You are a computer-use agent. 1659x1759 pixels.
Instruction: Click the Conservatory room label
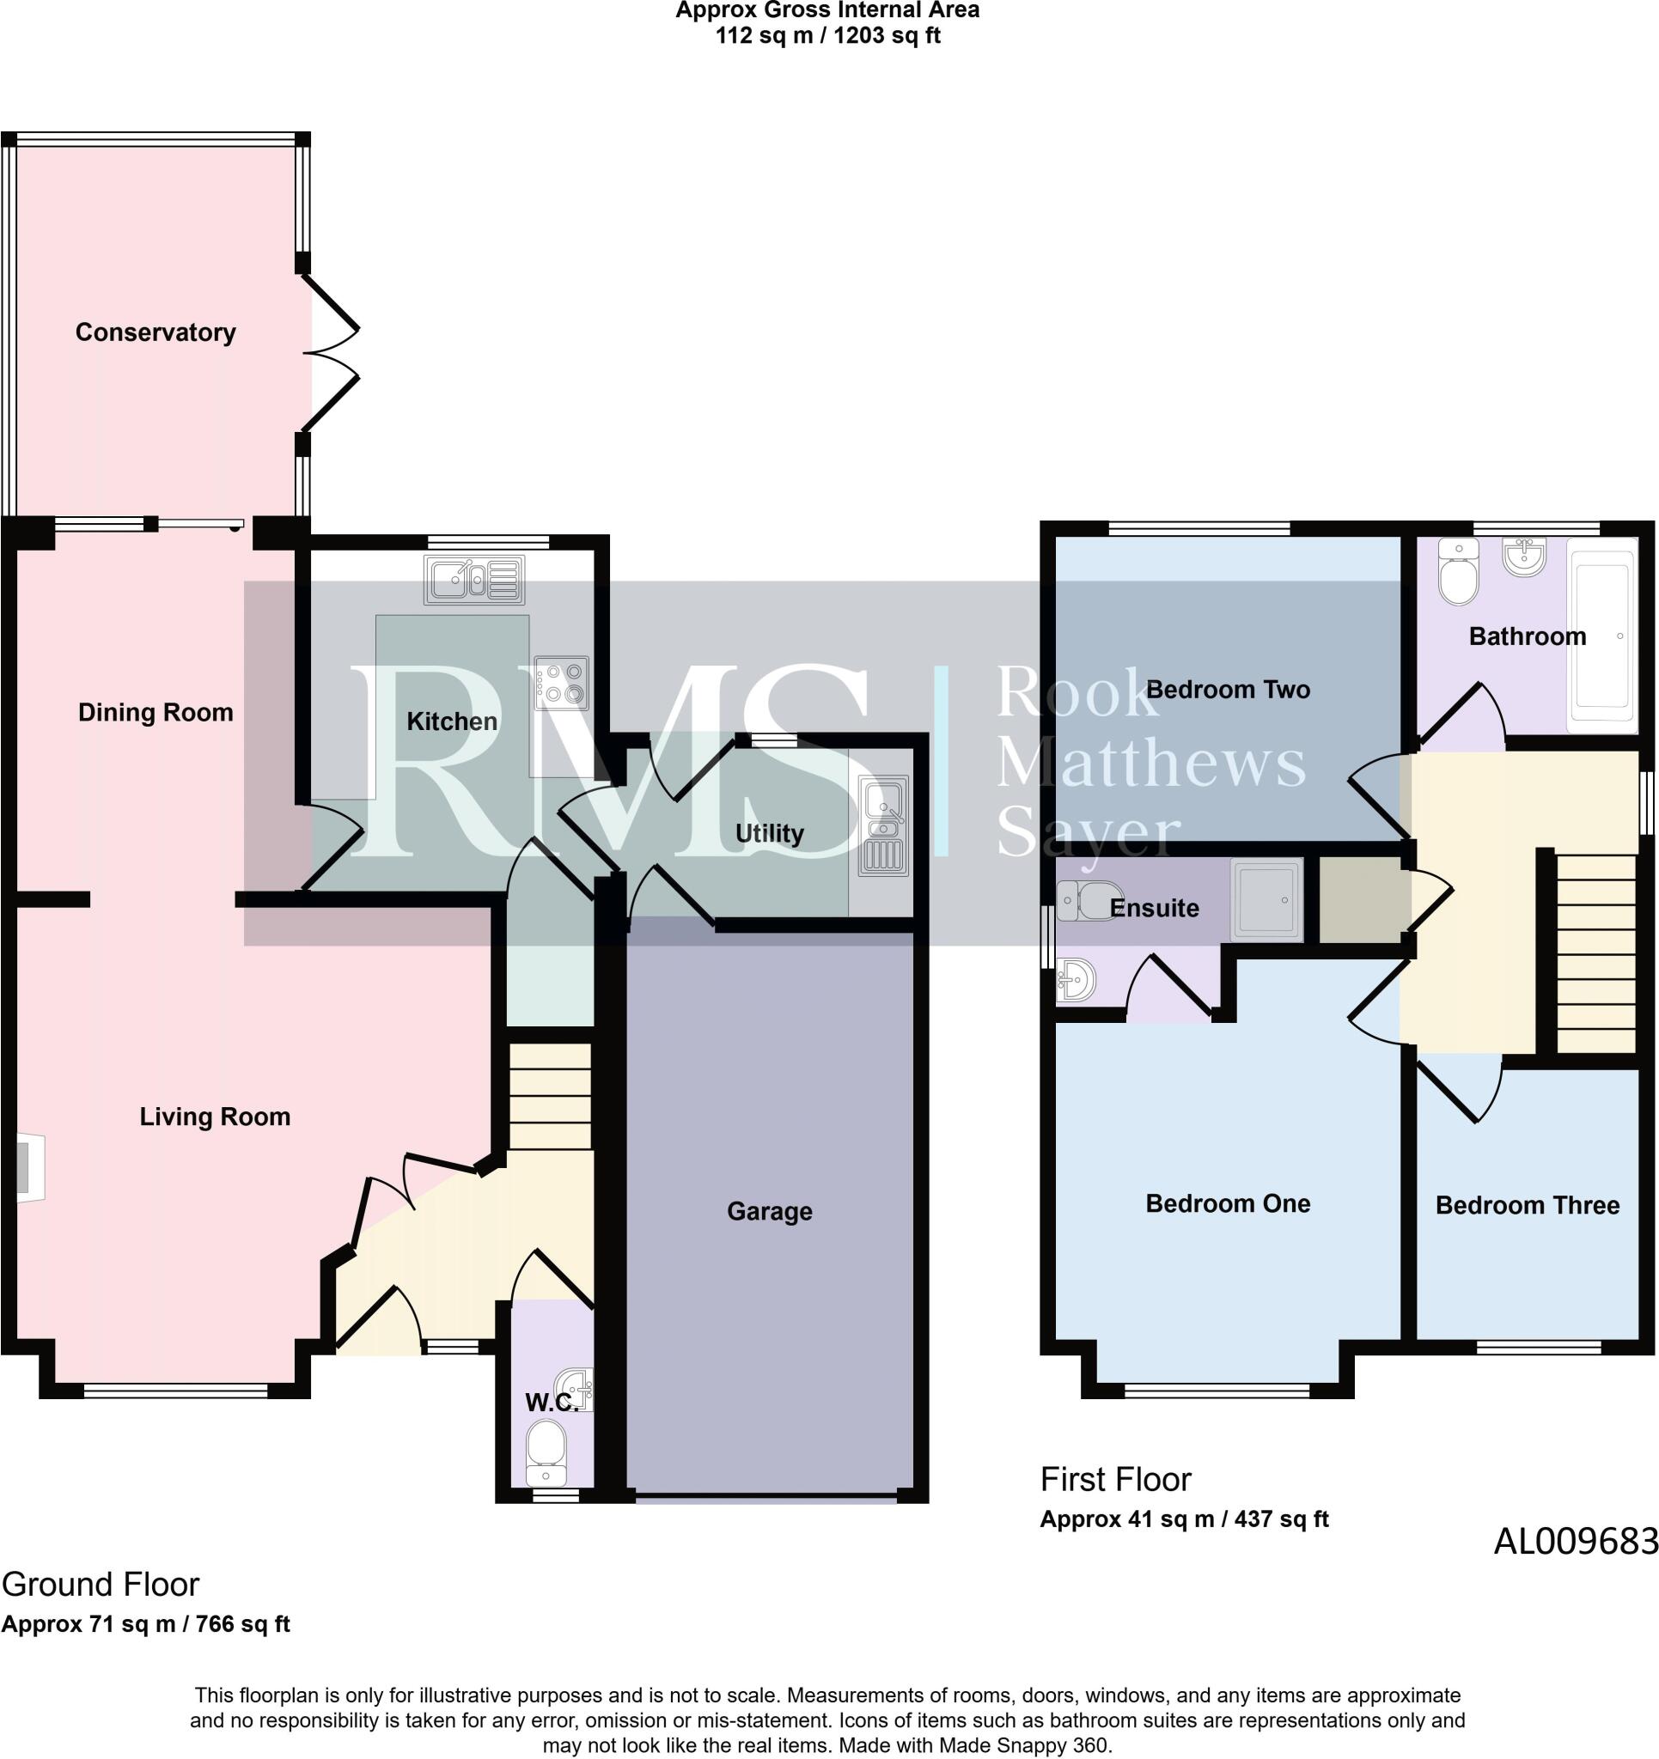pos(156,332)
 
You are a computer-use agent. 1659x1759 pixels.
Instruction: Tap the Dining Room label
pos(156,712)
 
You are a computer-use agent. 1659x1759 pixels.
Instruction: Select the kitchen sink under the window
pos(474,580)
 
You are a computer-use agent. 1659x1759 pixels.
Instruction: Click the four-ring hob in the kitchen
pos(561,683)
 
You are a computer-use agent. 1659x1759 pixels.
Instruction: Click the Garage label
pos(769,1210)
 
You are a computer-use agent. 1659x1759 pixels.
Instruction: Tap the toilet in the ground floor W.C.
pos(546,1452)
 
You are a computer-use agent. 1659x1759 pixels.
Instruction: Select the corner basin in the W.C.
pos(575,1389)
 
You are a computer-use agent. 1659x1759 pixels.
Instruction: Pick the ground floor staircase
pos(551,1096)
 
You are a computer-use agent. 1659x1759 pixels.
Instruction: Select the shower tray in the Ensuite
pos(1267,900)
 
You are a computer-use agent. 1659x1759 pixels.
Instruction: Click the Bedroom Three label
pos(1527,1205)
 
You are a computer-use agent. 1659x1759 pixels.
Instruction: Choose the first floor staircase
pos(1596,953)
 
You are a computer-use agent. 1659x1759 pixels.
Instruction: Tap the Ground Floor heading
pos(101,1585)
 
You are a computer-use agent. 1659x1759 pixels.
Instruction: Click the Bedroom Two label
pos(1228,690)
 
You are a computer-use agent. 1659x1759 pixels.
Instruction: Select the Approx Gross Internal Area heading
pos(827,10)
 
